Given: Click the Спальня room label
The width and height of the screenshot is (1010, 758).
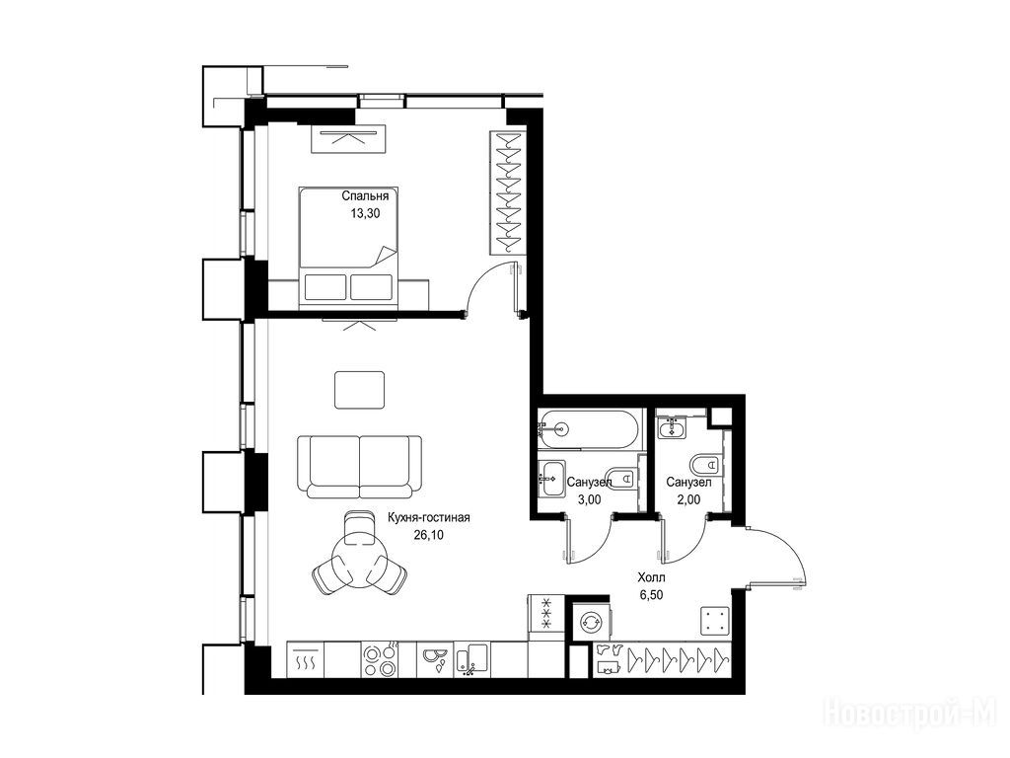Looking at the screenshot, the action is click(365, 196).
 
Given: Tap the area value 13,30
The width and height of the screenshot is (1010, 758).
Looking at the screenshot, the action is click(365, 214).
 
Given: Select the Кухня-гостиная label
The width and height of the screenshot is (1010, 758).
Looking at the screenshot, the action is click(428, 517).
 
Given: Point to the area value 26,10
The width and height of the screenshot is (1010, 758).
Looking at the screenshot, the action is click(428, 534).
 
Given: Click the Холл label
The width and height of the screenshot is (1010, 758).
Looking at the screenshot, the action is click(651, 577).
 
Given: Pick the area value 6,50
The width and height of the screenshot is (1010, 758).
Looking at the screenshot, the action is click(651, 595).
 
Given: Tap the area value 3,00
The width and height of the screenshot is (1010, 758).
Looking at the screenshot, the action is click(590, 499).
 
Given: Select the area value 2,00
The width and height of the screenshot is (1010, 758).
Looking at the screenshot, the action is click(688, 499).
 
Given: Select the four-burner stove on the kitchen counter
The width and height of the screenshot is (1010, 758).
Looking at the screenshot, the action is click(380, 660).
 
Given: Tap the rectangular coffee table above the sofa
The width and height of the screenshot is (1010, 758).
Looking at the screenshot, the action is click(359, 389).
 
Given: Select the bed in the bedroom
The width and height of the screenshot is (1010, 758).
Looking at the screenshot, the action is click(348, 245).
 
